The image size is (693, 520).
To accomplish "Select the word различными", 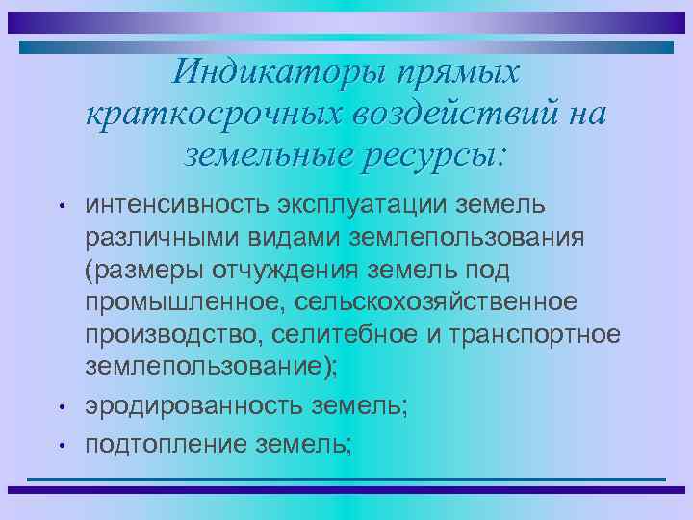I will [159, 238].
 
